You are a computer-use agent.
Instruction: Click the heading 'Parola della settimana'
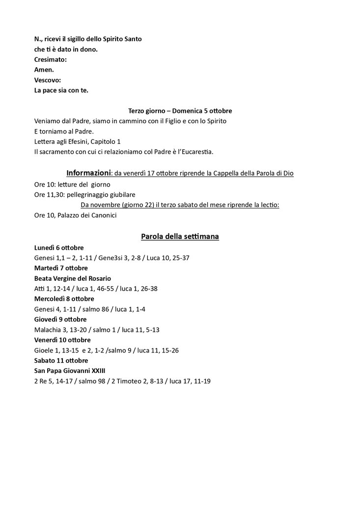180,237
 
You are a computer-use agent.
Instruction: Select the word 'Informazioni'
88,173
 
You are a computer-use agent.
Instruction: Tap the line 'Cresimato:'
51,59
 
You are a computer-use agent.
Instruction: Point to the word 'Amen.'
44,69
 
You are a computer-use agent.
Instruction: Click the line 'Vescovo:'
48,80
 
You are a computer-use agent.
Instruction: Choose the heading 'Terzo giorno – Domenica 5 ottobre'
180,110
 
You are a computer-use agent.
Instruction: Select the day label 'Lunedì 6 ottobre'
59,247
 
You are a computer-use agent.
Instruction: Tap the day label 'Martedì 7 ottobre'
61,268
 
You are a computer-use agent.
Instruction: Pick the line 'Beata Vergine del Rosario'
73,278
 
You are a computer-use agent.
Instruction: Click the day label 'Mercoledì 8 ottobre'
64,298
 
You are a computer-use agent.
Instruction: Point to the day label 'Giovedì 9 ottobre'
60,319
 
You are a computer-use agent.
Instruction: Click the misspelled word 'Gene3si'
111,258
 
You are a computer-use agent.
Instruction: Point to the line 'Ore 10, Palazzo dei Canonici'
75,215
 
